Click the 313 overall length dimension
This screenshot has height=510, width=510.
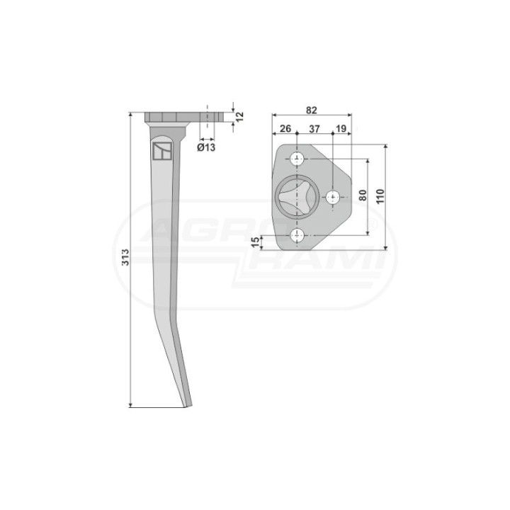(x=125, y=257)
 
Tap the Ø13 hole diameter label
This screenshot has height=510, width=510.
(x=206, y=147)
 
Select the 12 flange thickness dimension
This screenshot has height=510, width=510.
(x=239, y=116)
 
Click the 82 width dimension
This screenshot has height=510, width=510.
(x=311, y=110)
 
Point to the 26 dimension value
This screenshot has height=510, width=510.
(x=285, y=128)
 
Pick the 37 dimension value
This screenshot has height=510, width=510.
(x=314, y=129)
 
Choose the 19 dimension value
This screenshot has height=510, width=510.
(x=341, y=128)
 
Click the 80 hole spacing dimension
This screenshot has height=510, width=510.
(x=363, y=195)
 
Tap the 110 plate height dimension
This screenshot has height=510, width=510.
(x=380, y=196)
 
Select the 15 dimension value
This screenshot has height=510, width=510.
(x=256, y=242)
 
